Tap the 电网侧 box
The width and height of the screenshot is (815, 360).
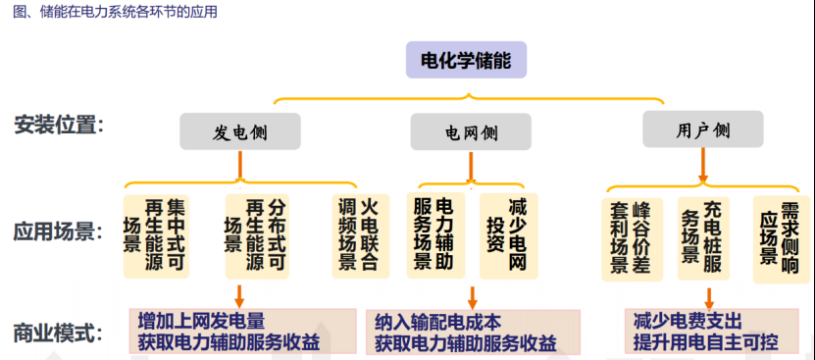pyautogui.click(x=471, y=131)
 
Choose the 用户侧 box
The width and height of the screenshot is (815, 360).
pyautogui.click(x=702, y=129)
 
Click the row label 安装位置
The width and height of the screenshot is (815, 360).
pyautogui.click(x=60, y=127)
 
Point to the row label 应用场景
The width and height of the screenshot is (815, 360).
pyautogui.click(x=60, y=232)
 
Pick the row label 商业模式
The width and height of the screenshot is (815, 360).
pyautogui.click(x=60, y=333)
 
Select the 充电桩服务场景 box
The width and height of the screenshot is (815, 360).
pyautogui.click(x=702, y=237)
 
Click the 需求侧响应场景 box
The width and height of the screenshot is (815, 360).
pyautogui.click(x=780, y=237)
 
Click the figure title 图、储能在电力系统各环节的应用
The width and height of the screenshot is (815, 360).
pyautogui.click(x=114, y=13)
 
